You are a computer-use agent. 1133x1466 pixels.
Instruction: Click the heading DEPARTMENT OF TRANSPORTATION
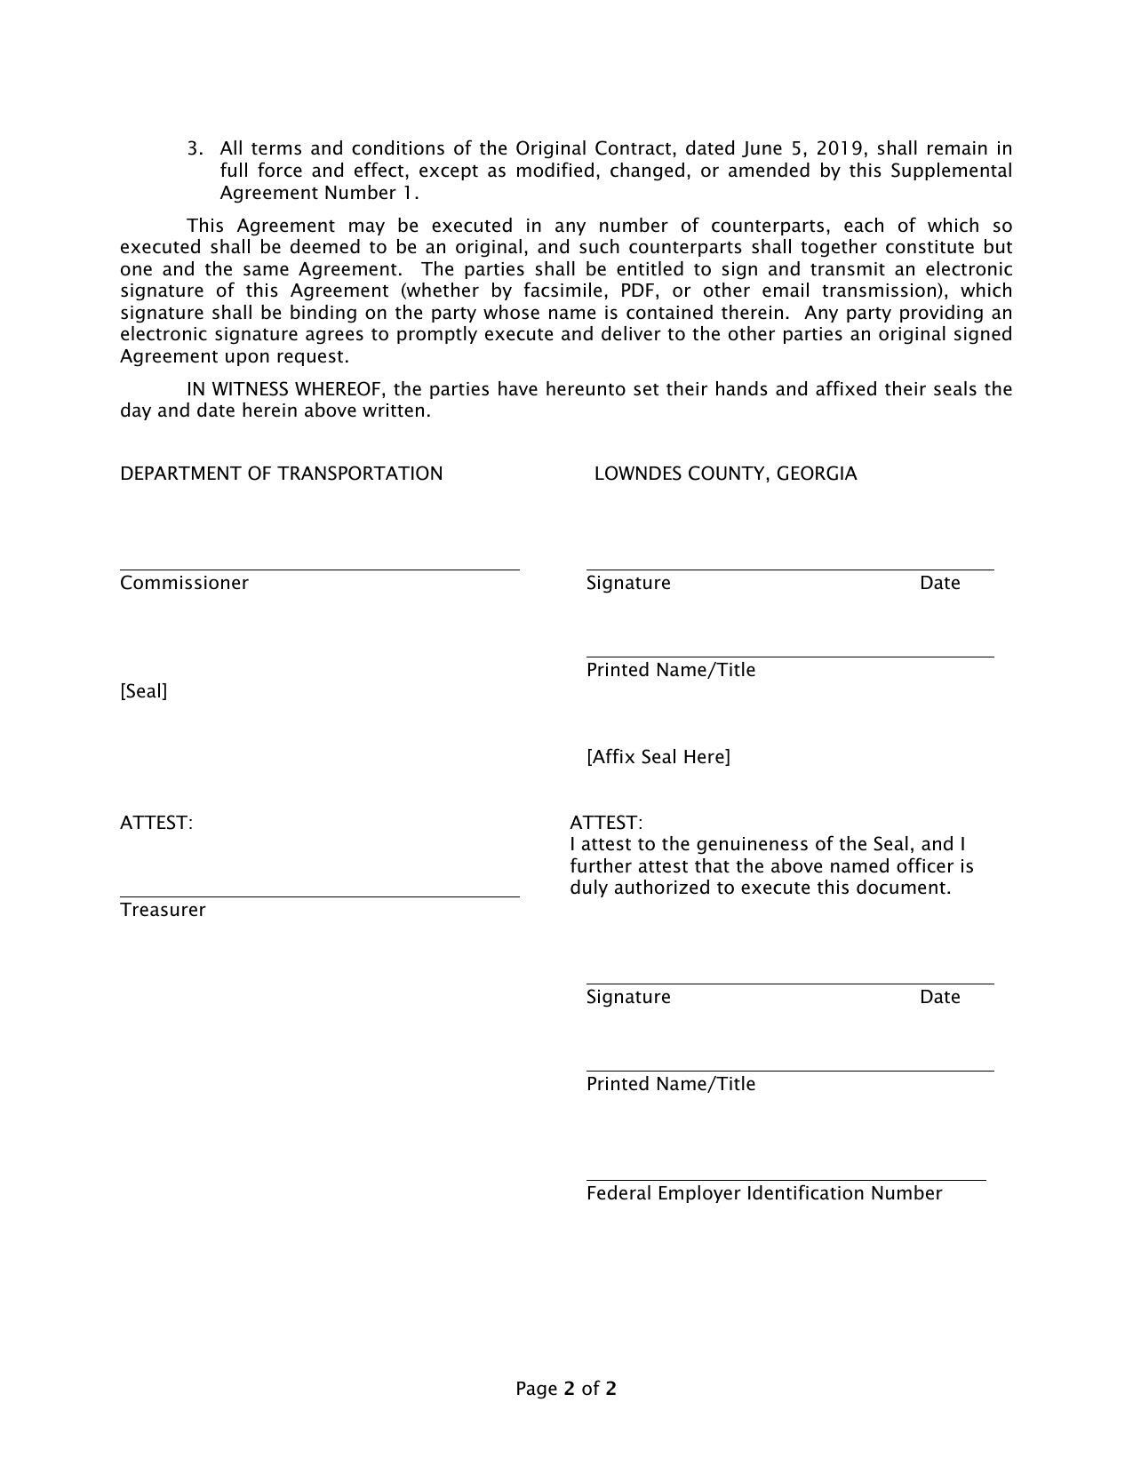coord(281,474)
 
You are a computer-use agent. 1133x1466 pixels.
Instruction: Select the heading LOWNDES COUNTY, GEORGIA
coord(725,474)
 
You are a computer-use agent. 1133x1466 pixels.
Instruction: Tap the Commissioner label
coord(184,583)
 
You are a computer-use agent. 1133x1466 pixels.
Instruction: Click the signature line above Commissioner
coord(320,570)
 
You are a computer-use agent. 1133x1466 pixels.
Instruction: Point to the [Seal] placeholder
coord(143,691)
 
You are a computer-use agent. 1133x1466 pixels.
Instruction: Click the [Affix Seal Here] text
coord(658,757)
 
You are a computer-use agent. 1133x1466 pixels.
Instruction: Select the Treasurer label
coord(163,910)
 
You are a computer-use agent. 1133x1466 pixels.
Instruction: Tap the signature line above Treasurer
coord(320,896)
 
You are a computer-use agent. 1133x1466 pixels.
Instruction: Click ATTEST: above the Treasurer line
coord(156,823)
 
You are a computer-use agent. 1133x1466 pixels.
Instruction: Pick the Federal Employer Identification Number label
coord(763,1193)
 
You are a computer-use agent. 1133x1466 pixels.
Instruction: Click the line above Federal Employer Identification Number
coord(786,1181)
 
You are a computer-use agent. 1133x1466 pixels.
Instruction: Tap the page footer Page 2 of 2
coord(566,1389)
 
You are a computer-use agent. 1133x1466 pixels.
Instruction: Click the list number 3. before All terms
coord(195,148)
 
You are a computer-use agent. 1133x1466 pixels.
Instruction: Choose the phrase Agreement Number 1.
coord(319,193)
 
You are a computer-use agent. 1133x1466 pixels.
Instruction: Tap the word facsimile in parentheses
coord(564,291)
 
